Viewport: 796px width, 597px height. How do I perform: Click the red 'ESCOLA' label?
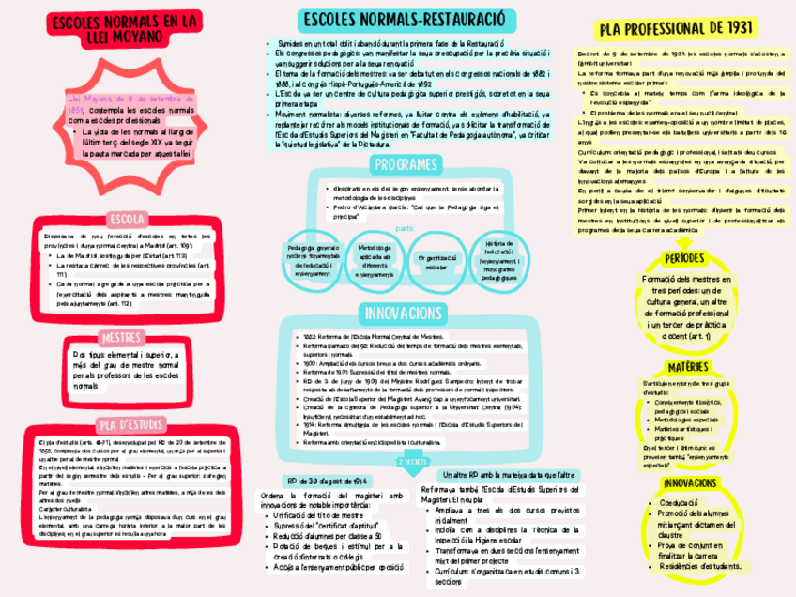(125, 219)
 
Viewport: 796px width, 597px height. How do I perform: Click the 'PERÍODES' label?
(690, 258)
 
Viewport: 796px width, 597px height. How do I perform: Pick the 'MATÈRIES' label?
(690, 365)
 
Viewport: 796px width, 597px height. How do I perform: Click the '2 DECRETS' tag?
(410, 462)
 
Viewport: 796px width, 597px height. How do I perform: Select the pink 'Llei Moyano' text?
(86, 97)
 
